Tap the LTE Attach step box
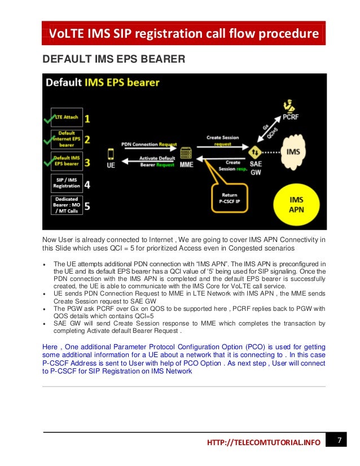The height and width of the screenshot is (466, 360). coord(67,117)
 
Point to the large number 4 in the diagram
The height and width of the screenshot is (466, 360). coord(87,183)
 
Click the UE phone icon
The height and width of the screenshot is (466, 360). coord(112,153)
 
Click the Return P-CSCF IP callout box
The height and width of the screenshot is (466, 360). coord(232,198)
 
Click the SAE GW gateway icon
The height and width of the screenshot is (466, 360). coord(255,153)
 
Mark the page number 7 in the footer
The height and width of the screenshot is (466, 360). coord(340,439)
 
